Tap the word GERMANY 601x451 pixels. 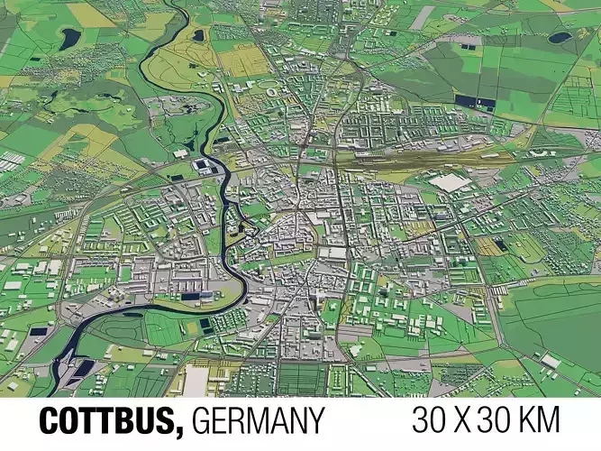(x=258, y=421)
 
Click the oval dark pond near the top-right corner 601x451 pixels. (x=561, y=38)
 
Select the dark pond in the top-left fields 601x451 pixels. (x=69, y=37)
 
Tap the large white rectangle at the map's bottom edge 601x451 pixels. (x=196, y=381)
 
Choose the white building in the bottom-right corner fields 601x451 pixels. (x=550, y=361)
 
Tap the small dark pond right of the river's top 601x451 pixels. (x=198, y=35)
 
